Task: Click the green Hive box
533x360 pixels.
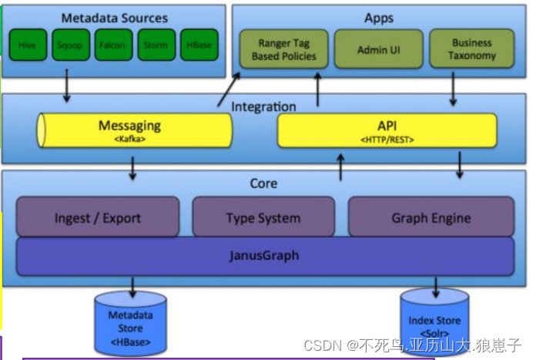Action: click(27, 45)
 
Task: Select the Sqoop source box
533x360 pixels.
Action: click(69, 45)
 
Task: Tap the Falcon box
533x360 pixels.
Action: click(112, 45)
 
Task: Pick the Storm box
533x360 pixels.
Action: click(155, 45)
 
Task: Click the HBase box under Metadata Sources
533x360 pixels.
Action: click(198, 45)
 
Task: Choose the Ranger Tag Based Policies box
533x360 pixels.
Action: click(283, 50)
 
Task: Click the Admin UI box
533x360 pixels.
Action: click(378, 50)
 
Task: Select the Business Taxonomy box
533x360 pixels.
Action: click(471, 50)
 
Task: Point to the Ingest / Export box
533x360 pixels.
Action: click(97, 217)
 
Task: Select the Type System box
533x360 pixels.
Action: click(263, 217)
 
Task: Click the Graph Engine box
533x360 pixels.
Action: click(431, 217)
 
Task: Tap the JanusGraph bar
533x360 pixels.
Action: click(264, 256)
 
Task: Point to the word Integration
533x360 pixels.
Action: click(263, 106)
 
